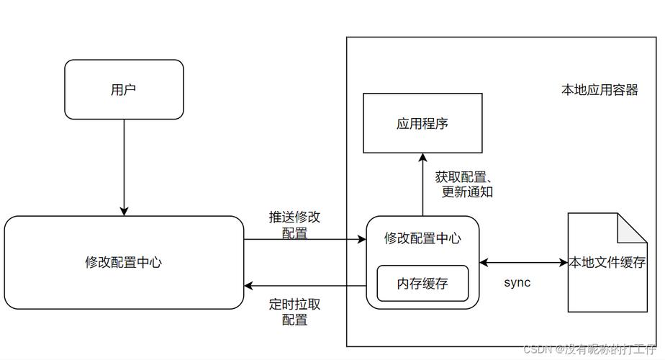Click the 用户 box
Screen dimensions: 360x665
124,89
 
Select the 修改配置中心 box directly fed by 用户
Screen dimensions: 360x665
124,263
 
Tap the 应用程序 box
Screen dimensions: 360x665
422,123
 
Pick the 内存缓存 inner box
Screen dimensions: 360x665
422,284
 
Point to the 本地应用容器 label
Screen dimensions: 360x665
599,91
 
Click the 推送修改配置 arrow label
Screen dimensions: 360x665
294,225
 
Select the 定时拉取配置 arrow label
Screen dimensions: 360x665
294,311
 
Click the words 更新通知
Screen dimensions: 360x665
468,192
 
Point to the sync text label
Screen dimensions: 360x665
517,282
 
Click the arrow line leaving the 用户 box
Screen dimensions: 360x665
124,166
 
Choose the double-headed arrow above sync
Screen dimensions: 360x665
523,263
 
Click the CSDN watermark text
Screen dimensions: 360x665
591,350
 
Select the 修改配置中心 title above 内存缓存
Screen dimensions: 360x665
422,238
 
